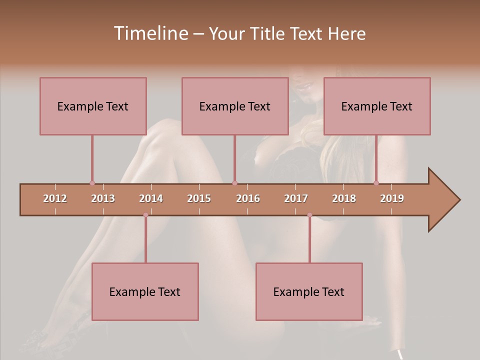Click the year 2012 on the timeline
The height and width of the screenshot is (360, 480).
[55, 198]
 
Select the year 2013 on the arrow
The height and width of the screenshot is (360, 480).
[103, 198]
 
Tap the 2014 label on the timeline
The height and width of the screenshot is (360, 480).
[151, 198]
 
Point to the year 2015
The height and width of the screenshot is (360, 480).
[199, 198]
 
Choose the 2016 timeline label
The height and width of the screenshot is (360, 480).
[248, 198]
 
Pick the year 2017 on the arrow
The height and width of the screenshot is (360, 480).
[296, 198]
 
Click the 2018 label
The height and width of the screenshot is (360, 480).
[344, 198]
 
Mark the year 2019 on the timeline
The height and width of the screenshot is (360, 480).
[392, 198]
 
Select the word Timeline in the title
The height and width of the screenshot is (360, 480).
[149, 33]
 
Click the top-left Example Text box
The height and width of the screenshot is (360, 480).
[93, 106]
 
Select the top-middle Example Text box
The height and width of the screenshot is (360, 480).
[235, 106]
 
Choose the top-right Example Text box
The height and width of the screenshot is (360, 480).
[377, 106]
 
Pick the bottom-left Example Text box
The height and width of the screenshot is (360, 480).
[145, 291]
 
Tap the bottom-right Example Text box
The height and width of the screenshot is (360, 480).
[309, 291]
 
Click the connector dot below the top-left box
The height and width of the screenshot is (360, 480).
[92, 183]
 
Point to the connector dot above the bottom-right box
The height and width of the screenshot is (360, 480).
[309, 215]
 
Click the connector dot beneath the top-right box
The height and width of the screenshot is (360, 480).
[376, 183]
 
